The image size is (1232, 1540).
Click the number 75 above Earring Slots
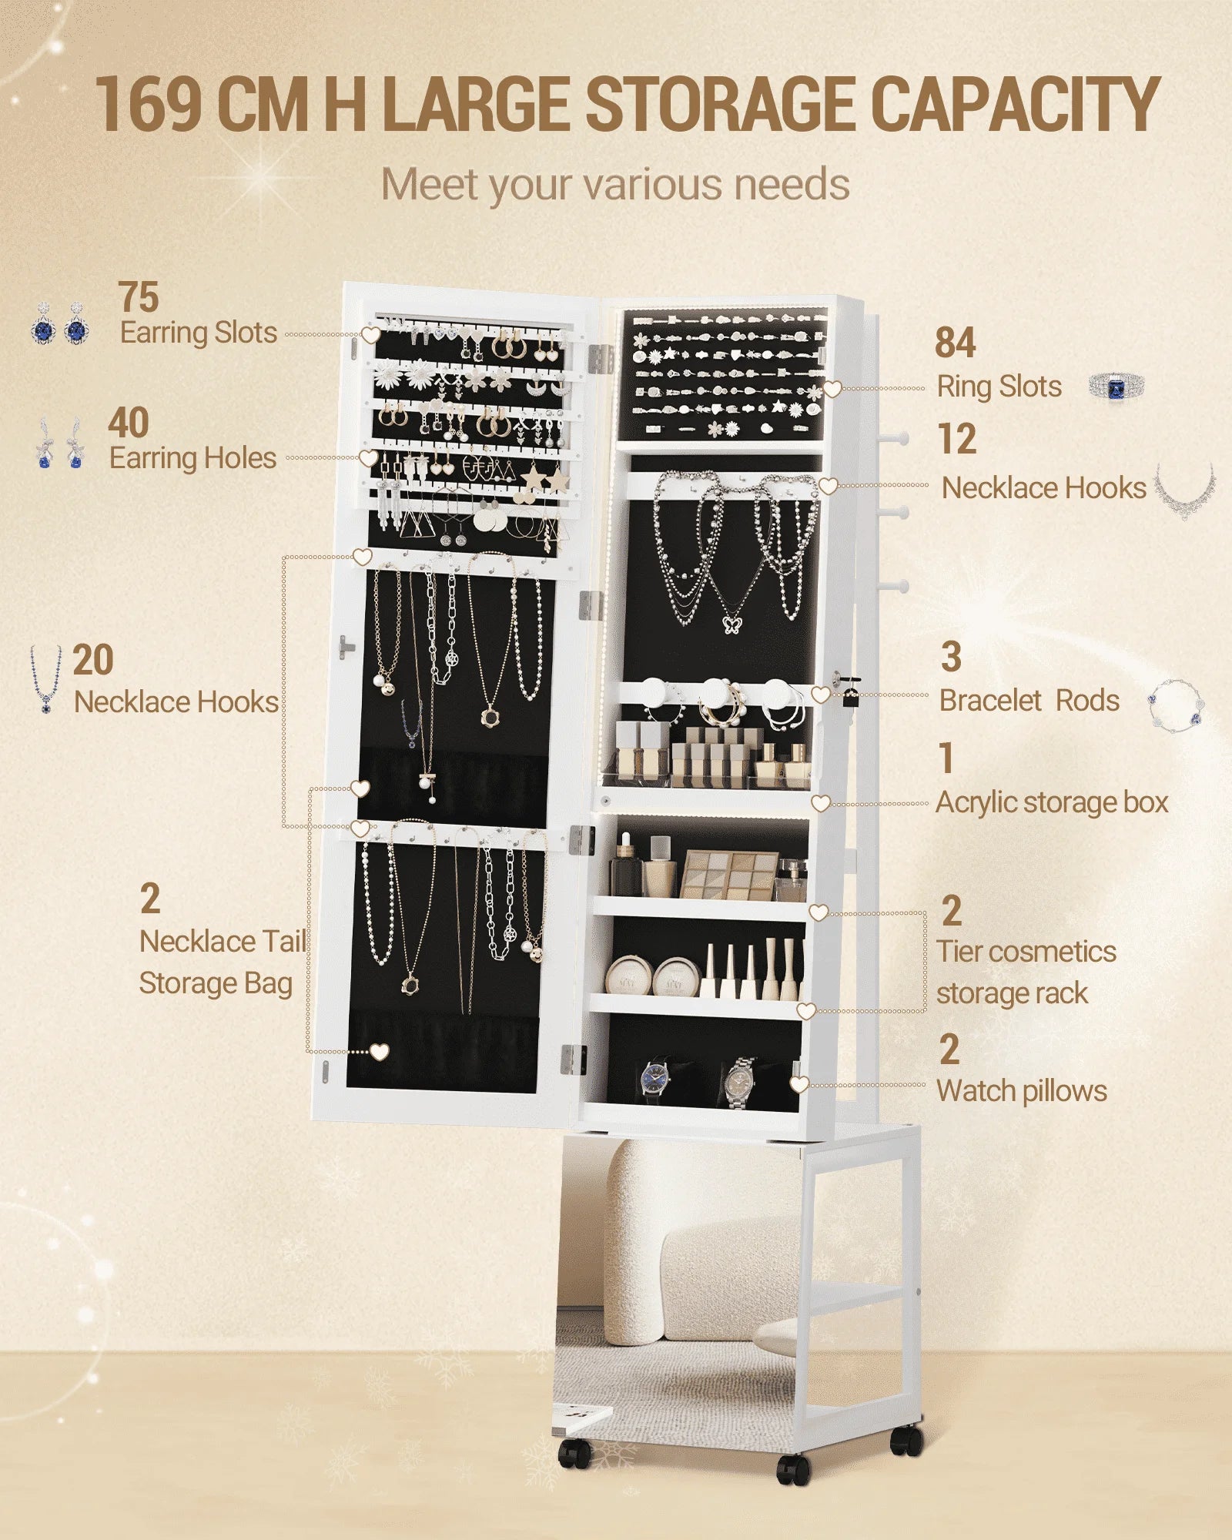[139, 296]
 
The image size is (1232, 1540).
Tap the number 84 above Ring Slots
[956, 343]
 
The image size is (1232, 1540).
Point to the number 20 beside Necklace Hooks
[93, 660]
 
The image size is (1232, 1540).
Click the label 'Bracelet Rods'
[1029, 701]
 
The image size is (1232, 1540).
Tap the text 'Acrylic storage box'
[1052, 803]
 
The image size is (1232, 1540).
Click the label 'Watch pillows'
[1022, 1091]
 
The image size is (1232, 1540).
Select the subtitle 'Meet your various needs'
[615, 185]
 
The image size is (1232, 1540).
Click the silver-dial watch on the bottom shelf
[739, 1081]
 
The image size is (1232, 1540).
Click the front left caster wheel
[574, 1454]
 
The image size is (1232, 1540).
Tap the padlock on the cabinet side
[849, 694]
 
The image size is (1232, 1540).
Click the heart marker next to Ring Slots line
[832, 389]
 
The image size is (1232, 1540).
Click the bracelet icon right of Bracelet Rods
[1176, 703]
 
